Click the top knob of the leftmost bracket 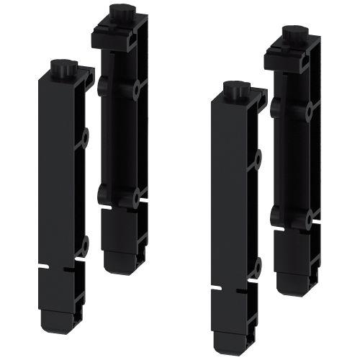pos(58,70)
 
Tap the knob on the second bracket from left pos(115,14)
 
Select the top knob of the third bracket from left pos(232,90)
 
